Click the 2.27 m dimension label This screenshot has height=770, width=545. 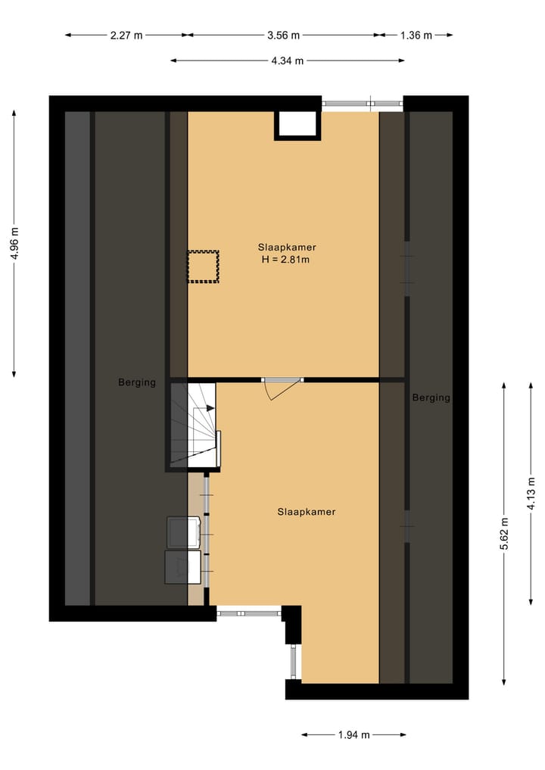pos(127,35)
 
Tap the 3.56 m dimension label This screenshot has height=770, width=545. pos(284,35)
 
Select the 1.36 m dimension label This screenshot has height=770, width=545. pos(416,35)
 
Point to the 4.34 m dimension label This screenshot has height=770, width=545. pos(288,61)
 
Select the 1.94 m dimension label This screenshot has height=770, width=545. pos(354,734)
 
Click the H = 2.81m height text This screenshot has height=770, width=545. pos(286,260)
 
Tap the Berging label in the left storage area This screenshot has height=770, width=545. pos(137,382)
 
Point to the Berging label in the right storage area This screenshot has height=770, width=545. pos(431,397)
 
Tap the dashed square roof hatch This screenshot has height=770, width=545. pos(203,267)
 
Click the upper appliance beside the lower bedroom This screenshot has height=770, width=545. pos(184,532)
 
